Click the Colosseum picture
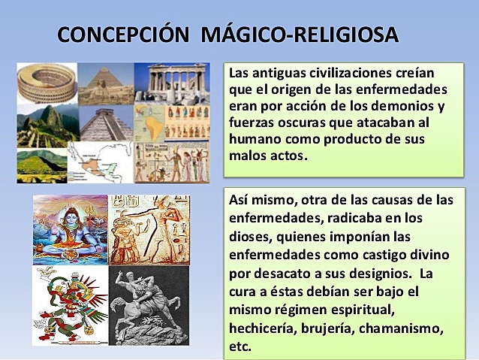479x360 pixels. click(x=46, y=83)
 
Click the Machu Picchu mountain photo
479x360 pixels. click(x=45, y=123)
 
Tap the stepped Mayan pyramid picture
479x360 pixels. click(x=105, y=124)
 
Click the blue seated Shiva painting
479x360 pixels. click(x=71, y=229)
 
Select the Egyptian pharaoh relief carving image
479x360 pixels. click(x=149, y=229)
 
